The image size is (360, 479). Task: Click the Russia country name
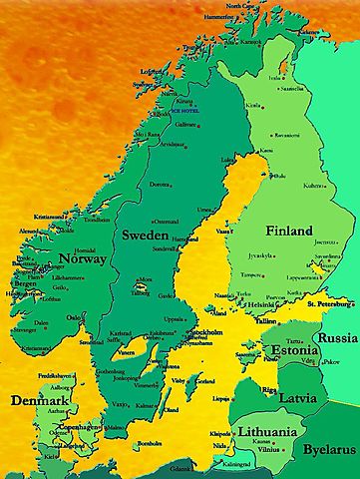coord(337,337)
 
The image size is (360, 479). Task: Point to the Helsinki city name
coord(261,304)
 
